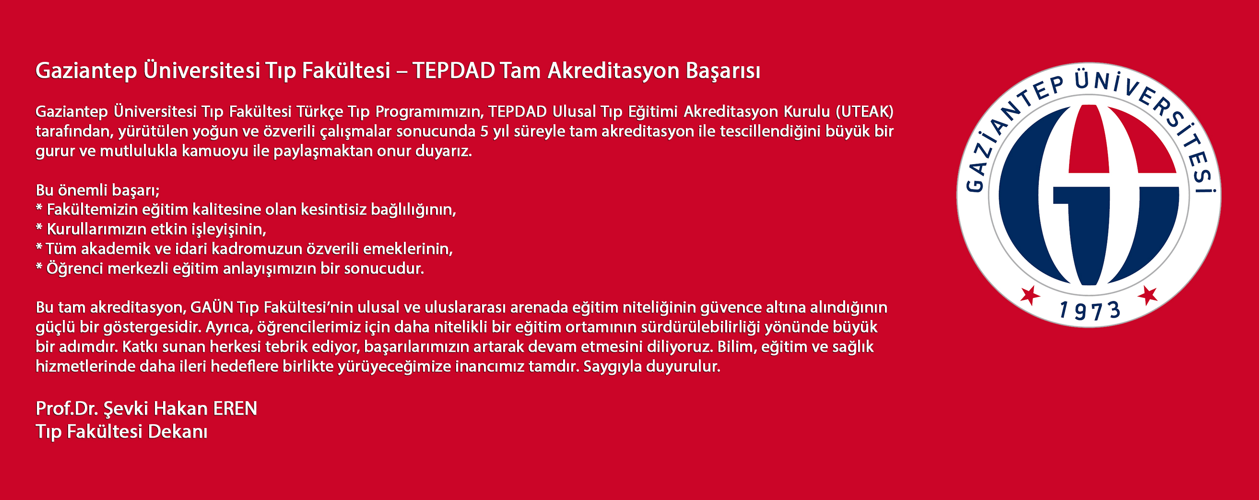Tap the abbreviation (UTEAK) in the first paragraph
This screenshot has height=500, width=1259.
pos(865,111)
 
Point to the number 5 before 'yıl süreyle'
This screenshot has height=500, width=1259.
pos(484,131)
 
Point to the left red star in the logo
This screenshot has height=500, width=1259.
pos(1030,295)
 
